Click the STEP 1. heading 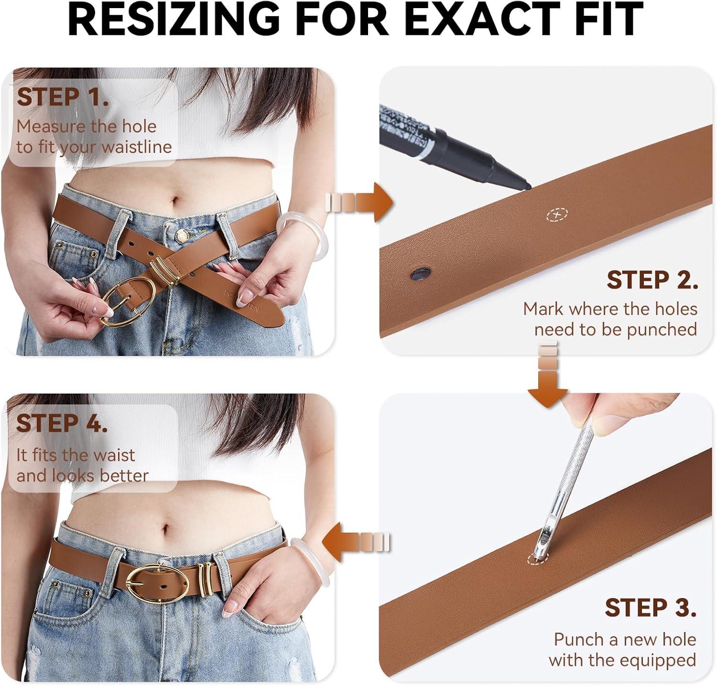click(63, 97)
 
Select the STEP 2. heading click(652, 280)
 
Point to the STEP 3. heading click(651, 608)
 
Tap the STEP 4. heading click(62, 423)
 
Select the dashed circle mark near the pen click(557, 215)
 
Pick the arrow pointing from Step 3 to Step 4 click(357, 542)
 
